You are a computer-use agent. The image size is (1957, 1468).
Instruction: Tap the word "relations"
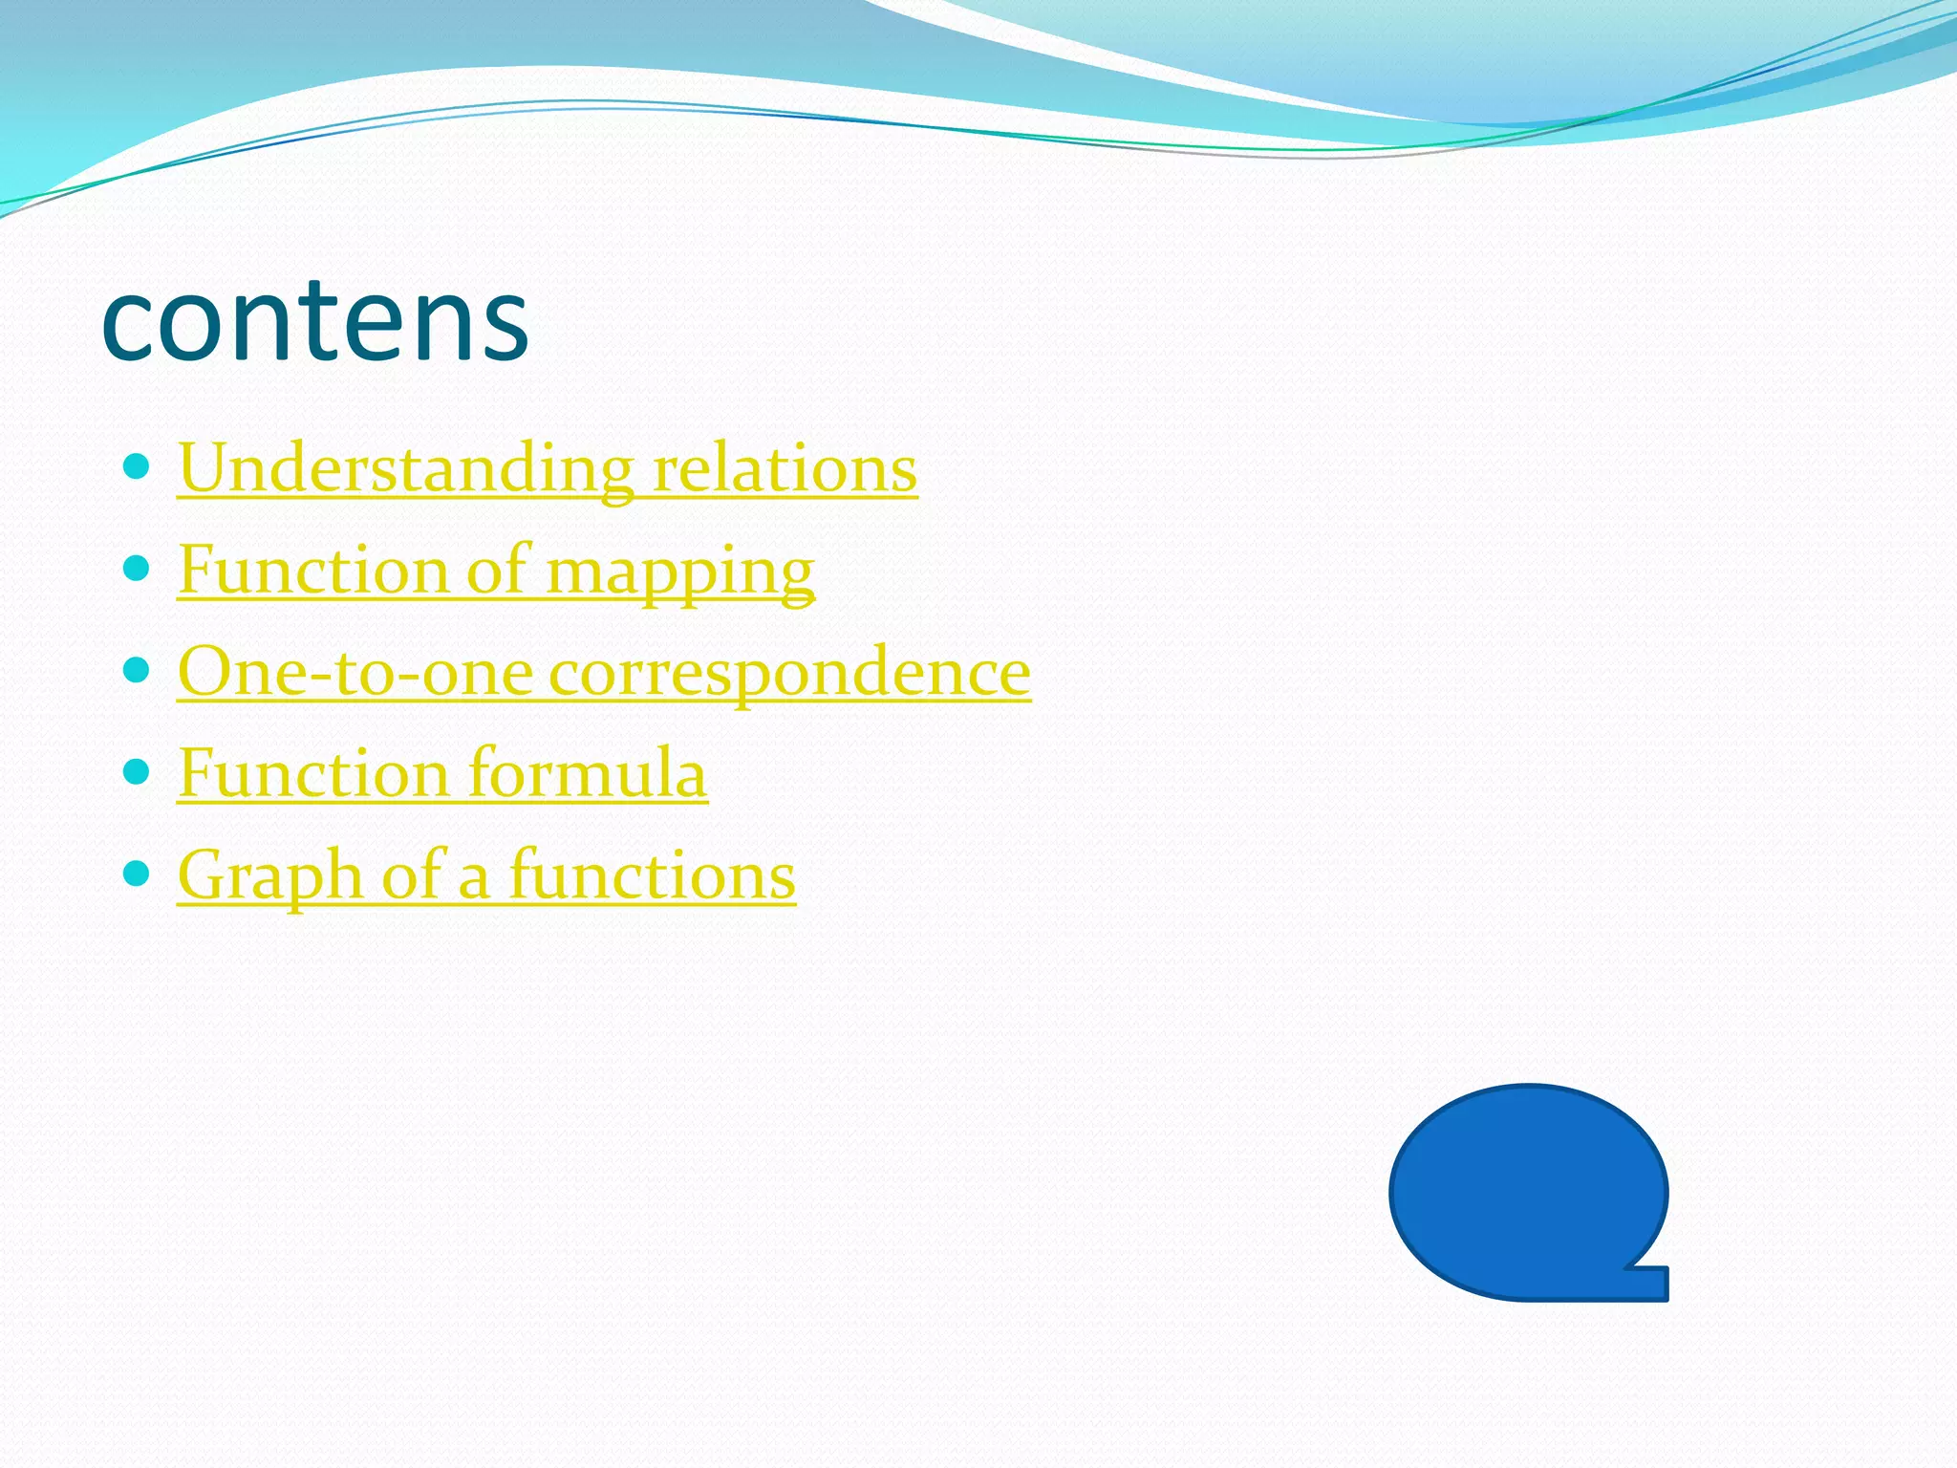click(x=785, y=469)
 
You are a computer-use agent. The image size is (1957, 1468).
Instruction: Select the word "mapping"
click(x=680, y=572)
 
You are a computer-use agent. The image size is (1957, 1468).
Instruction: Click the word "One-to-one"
click(x=355, y=672)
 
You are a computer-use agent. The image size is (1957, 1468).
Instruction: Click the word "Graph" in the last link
click(x=270, y=876)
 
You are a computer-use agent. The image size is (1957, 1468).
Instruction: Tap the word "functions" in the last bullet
click(x=652, y=875)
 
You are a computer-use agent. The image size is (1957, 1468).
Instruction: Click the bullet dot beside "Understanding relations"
click(x=138, y=467)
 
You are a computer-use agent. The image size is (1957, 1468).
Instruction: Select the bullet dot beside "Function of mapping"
click(x=138, y=569)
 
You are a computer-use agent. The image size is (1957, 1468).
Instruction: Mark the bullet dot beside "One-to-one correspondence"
click(x=138, y=670)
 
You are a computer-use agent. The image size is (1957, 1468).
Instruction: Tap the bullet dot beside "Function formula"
click(x=138, y=771)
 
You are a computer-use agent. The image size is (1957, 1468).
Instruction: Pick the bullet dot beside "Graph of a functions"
click(x=138, y=873)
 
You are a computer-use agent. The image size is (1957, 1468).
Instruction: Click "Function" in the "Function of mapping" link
click(x=313, y=571)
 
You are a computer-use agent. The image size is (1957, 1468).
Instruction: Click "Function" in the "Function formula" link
click(x=313, y=773)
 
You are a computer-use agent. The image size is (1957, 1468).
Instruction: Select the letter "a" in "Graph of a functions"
click(x=474, y=879)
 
